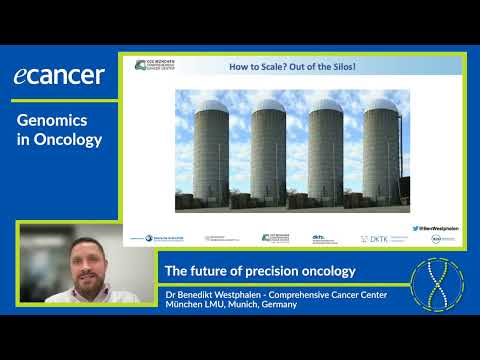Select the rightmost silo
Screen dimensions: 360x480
coord(382,160)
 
